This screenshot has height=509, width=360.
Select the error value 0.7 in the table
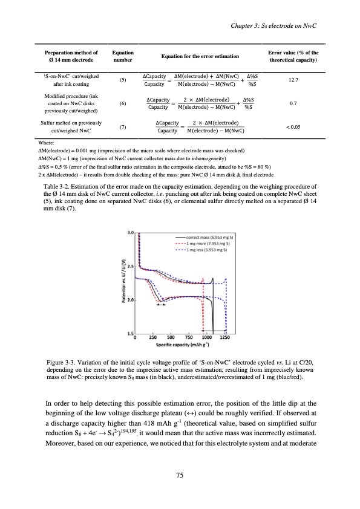pyautogui.click(x=293, y=103)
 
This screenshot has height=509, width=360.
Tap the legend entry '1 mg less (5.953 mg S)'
pyautogui.click(x=203, y=233)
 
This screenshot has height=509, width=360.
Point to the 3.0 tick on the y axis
pyautogui.click(x=129, y=215)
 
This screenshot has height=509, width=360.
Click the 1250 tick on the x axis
pyautogui.click(x=226, y=337)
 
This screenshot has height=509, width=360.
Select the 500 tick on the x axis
pyautogui.click(x=171, y=337)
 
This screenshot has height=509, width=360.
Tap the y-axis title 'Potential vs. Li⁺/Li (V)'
pyautogui.click(x=123, y=274)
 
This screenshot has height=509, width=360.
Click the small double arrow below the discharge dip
pyautogui.click(x=161, y=305)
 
